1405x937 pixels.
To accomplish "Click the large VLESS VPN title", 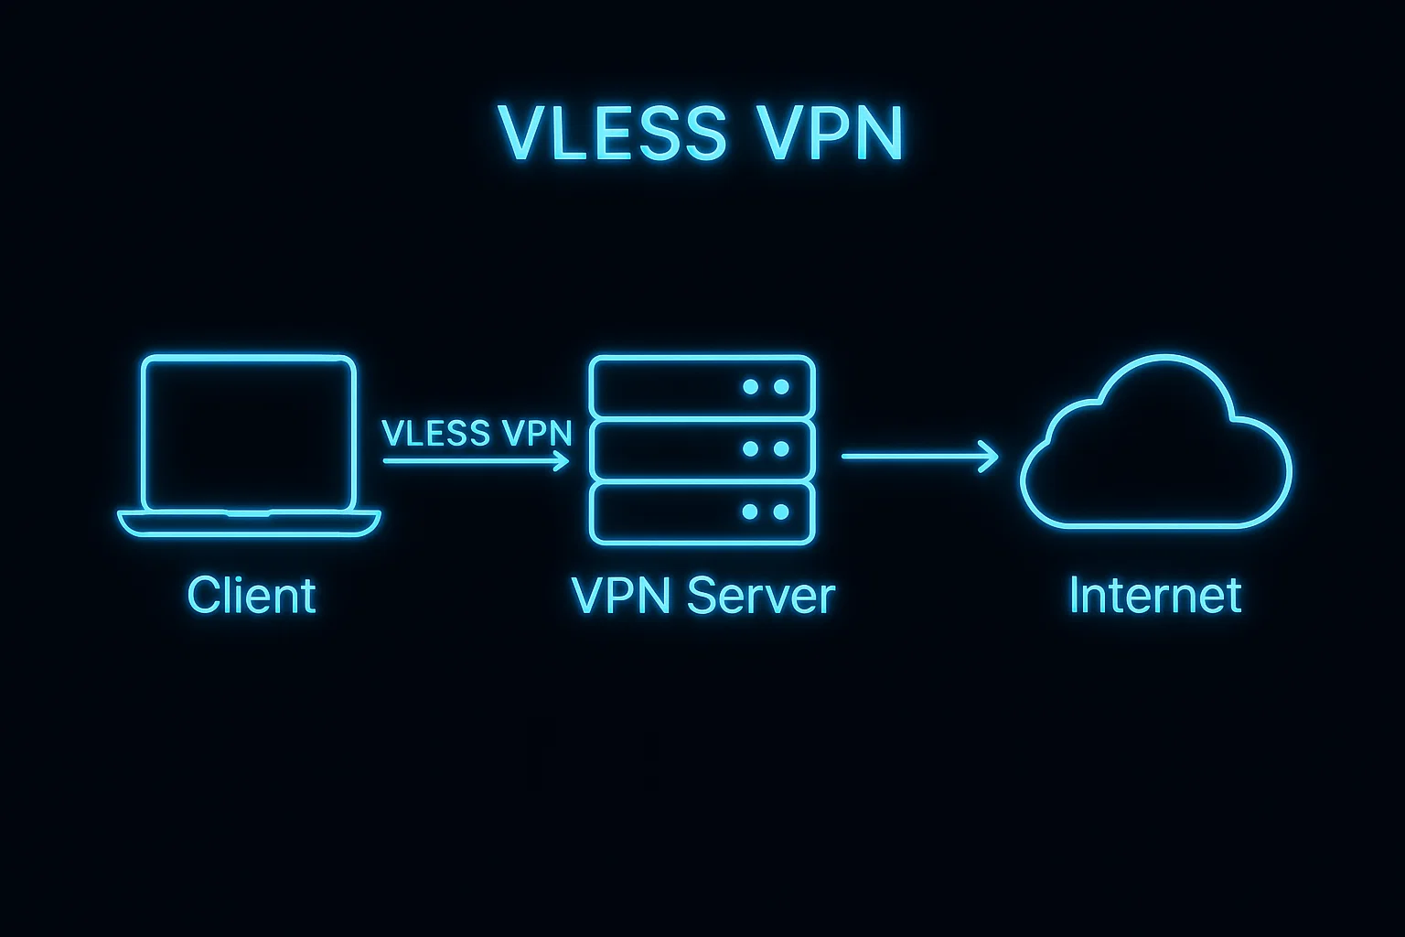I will click(x=702, y=134).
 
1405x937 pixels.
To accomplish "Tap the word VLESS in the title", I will click(x=612, y=134).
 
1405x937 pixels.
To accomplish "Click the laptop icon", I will click(x=249, y=445).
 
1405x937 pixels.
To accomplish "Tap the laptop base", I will click(x=249, y=523).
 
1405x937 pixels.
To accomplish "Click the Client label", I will click(x=252, y=596).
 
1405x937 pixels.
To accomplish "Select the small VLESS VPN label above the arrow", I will click(x=477, y=433).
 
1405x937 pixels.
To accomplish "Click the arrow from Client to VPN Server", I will click(x=476, y=460).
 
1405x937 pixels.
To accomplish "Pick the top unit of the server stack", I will click(x=702, y=387).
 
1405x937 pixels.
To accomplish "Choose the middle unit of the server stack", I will click(x=702, y=449).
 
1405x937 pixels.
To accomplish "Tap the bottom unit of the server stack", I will click(x=702, y=512).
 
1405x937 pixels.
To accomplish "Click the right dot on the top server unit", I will click(x=781, y=387).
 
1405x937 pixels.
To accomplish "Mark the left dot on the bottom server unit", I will click(x=750, y=512).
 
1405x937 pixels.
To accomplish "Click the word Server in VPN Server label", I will click(x=760, y=596).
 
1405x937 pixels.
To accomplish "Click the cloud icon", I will click(x=1155, y=448).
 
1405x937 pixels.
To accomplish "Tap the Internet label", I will click(x=1155, y=596).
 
